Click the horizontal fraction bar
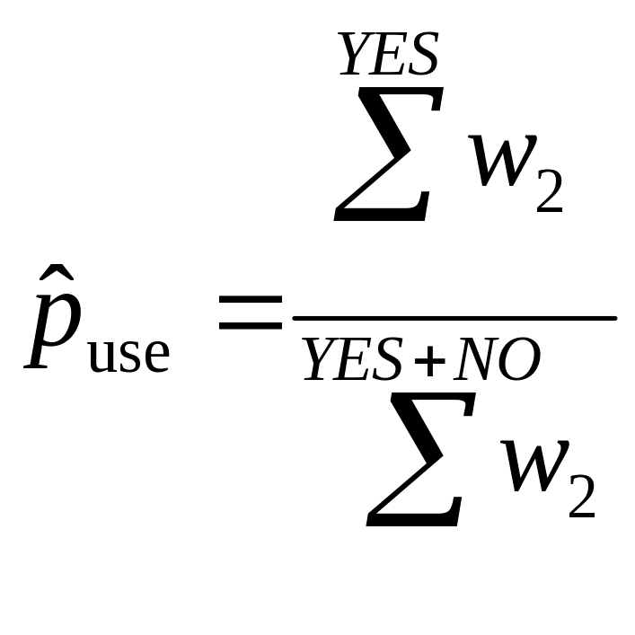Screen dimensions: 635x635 pos(454,318)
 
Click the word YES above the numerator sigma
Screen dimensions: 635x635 pos(388,56)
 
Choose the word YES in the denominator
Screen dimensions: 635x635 pos(352,361)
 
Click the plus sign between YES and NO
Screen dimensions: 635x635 pos(429,363)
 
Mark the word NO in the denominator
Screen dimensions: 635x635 pos(496,361)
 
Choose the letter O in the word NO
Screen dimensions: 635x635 pos(519,361)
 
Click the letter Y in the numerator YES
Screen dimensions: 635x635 pos(355,56)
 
